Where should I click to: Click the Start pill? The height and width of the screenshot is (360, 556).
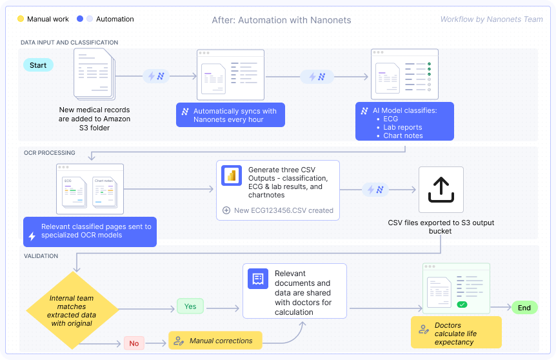pos(38,65)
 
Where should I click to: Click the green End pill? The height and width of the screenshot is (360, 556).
pos(524,308)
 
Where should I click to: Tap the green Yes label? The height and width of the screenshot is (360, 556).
pos(190,306)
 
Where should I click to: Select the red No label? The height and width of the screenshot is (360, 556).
pos(134,343)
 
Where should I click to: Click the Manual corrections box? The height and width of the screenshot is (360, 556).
pos(215,341)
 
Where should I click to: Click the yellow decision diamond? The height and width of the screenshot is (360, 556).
pos(72,311)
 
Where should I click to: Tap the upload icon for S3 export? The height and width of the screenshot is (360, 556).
pos(441,190)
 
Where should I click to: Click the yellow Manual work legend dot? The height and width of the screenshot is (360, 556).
pos(21,19)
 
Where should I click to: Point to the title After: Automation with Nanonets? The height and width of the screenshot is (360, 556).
pos(281,20)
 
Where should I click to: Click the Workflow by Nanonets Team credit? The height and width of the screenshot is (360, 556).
pos(491,19)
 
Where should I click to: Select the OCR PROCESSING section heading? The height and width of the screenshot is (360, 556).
pos(49,153)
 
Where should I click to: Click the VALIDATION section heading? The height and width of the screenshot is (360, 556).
pos(41,256)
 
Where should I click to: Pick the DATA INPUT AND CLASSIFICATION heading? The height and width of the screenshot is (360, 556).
pos(69,43)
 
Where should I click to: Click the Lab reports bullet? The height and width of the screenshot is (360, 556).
pos(402,128)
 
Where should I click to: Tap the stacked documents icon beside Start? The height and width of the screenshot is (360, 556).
pos(94,75)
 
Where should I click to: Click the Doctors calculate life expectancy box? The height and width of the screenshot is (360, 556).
pos(456,334)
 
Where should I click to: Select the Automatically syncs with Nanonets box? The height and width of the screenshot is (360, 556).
pos(230,115)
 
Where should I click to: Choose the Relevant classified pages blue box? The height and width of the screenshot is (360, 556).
pos(90,232)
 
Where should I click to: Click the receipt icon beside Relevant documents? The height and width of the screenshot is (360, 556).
pos(257,279)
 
